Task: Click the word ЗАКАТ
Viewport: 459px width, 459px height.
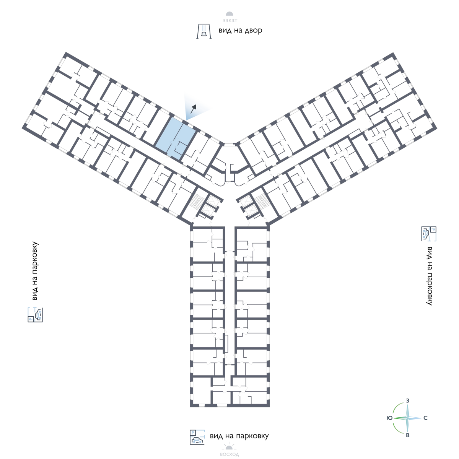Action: pyautogui.click(x=229, y=21)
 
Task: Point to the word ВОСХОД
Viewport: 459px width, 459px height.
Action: pyautogui.click(x=229, y=454)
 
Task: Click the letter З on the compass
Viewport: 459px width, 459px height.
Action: pyautogui.click(x=408, y=400)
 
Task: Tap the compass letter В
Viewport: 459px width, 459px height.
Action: pyautogui.click(x=408, y=436)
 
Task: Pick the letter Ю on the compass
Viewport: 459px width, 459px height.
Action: pyautogui.click(x=389, y=418)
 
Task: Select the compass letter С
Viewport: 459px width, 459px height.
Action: pyautogui.click(x=425, y=418)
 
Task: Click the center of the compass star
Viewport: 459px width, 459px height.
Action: pyautogui.click(x=408, y=418)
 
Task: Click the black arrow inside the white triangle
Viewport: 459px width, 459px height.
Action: pyautogui.click(x=194, y=107)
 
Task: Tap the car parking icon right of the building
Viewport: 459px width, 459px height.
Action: pyautogui.click(x=428, y=234)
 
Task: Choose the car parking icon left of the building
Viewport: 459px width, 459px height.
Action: pyautogui.click(x=35, y=314)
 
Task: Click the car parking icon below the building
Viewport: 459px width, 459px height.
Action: pyautogui.click(x=197, y=437)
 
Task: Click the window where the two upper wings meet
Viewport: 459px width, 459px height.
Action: pyautogui.click(x=229, y=144)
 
